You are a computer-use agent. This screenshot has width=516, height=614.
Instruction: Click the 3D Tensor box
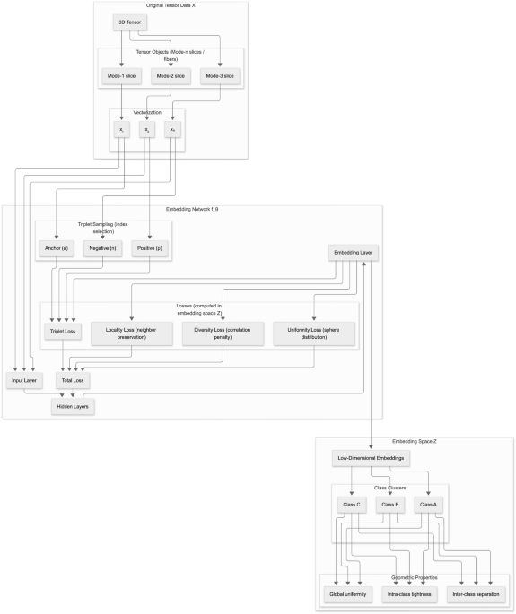[x=128, y=21]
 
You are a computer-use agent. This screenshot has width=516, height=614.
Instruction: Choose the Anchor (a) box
[x=57, y=248]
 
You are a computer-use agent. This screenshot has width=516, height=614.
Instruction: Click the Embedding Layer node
[x=354, y=253]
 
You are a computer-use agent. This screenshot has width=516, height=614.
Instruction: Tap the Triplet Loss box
[x=60, y=332]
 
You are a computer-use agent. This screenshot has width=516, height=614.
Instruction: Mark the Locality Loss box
[x=130, y=332]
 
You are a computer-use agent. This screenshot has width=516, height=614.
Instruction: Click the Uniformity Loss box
[x=314, y=332]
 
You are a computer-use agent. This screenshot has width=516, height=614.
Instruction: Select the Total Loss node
[x=74, y=380]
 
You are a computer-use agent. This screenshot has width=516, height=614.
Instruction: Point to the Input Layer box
[x=24, y=380]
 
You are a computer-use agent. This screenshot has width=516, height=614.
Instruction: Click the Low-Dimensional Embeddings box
[x=372, y=459]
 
